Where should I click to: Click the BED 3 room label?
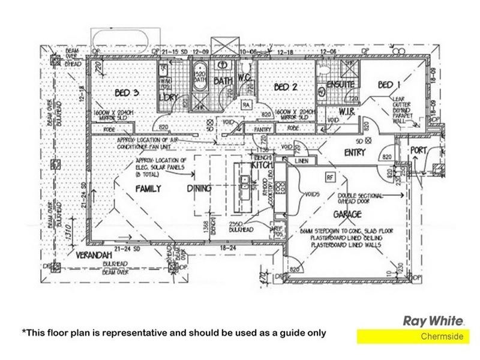tap(127, 92)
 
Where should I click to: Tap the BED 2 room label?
tap(286, 88)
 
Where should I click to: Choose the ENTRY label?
tap(355, 153)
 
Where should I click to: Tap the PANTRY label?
tap(263, 129)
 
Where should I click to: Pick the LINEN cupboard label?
tap(301, 161)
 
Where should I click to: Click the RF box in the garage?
tap(329, 177)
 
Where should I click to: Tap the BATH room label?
tap(223, 80)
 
